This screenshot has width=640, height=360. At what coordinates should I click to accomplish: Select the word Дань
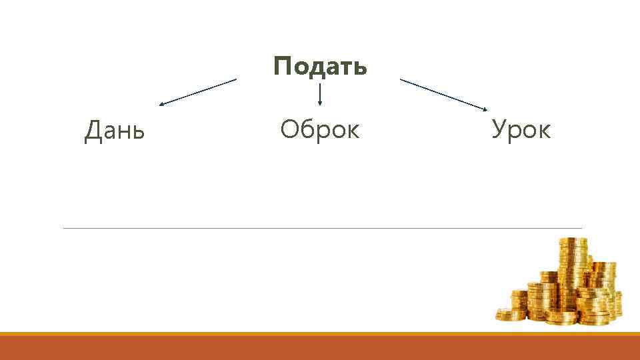click(x=115, y=131)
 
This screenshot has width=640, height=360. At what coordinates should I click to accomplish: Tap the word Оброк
click(x=320, y=129)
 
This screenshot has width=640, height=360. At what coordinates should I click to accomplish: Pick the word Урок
click(x=521, y=129)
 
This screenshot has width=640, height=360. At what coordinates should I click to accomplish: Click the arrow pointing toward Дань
click(x=197, y=92)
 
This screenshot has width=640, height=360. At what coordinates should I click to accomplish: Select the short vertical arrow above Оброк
click(x=321, y=94)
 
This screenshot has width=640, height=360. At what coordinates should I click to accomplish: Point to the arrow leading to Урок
click(x=444, y=94)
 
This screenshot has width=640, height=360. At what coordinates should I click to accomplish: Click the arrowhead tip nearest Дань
click(x=161, y=105)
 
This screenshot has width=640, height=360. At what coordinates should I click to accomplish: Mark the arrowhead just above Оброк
click(x=321, y=103)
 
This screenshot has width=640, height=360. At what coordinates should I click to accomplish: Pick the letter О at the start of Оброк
click(x=289, y=129)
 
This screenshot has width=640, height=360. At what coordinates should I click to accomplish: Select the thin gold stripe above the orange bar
click(x=320, y=333)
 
